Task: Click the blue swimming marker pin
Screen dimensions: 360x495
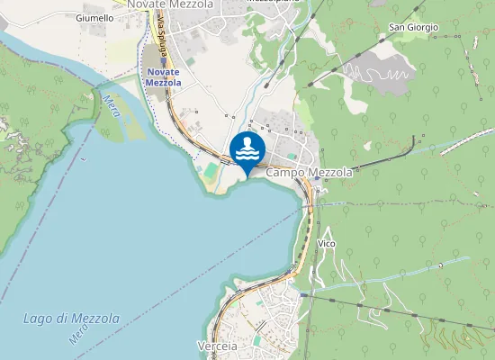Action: pyautogui.click(x=247, y=151)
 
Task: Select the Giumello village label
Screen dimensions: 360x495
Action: pyautogui.click(x=94, y=18)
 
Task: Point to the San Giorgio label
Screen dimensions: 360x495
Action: pyautogui.click(x=413, y=28)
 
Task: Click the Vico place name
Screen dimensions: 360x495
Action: pyautogui.click(x=327, y=244)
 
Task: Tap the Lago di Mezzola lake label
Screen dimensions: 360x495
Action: pyautogui.click(x=71, y=319)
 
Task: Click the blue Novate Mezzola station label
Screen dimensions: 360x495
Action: pyautogui.click(x=163, y=77)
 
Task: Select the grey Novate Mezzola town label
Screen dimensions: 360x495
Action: pyautogui.click(x=170, y=4)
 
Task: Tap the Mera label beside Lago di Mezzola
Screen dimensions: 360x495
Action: pyautogui.click(x=76, y=335)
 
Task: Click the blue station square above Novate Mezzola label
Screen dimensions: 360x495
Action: pyautogui.click(x=163, y=60)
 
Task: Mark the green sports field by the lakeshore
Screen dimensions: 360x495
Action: pyautogui.click(x=211, y=169)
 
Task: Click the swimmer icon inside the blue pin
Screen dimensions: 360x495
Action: pyautogui.click(x=247, y=148)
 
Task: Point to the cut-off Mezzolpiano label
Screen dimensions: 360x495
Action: pyautogui.click(x=273, y=3)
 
